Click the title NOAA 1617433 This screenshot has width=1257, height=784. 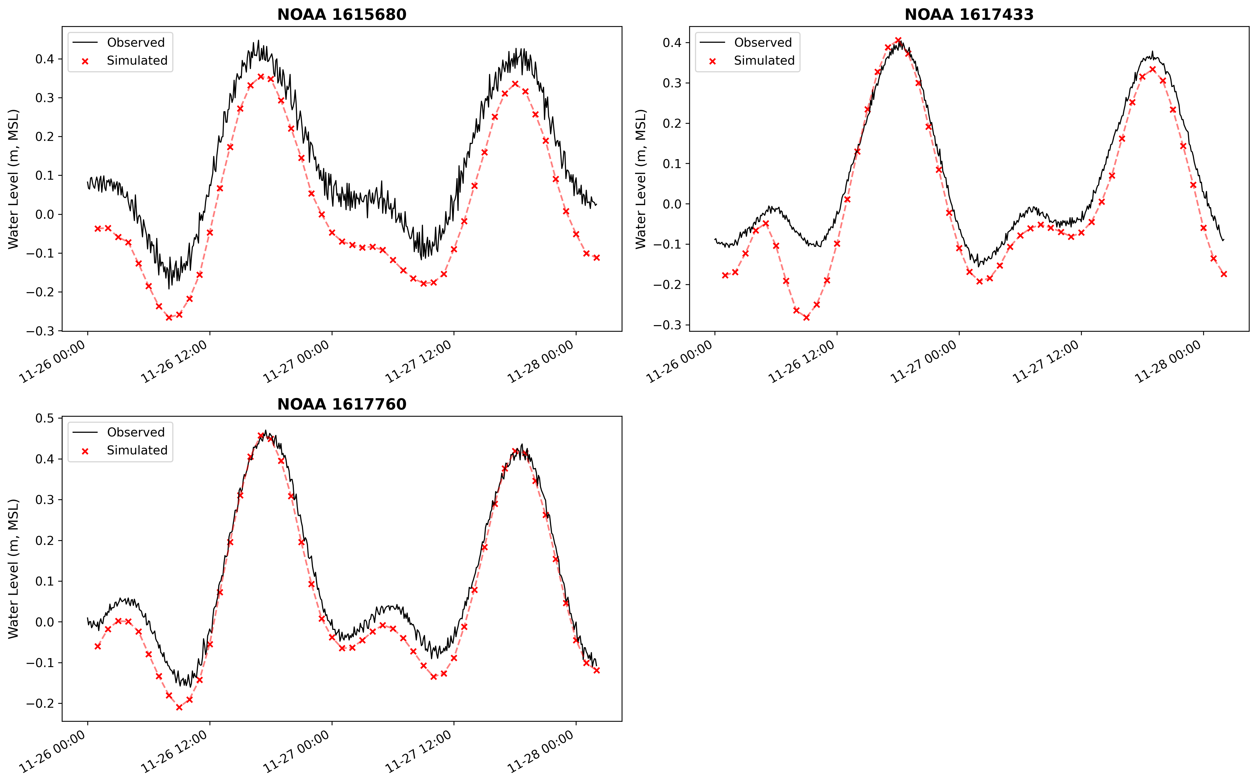[x=969, y=15]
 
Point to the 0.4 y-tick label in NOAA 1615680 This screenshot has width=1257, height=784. [x=45, y=59]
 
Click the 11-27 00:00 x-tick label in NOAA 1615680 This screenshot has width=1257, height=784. [x=297, y=362]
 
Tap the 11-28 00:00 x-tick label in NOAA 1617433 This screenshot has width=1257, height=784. [x=1168, y=362]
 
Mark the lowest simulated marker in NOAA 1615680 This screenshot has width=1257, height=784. [x=169, y=317]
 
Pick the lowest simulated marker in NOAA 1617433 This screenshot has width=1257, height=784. [x=807, y=317]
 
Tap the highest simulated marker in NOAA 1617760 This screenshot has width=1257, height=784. [x=261, y=436]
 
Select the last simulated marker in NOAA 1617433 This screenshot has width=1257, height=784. [x=1224, y=274]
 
